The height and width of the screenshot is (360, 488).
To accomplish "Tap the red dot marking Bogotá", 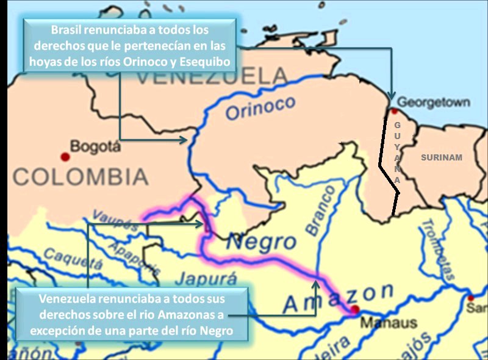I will tap(65, 157).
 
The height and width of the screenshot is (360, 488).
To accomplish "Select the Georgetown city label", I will tap(433, 102).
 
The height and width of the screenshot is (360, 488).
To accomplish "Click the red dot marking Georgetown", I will tap(395, 111).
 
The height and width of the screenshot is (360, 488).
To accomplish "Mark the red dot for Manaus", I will tap(355, 311).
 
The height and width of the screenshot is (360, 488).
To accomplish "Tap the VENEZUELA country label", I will tap(211, 76).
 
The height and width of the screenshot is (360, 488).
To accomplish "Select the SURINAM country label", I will tap(442, 157).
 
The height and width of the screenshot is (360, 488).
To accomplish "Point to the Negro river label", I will tap(261, 242).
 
